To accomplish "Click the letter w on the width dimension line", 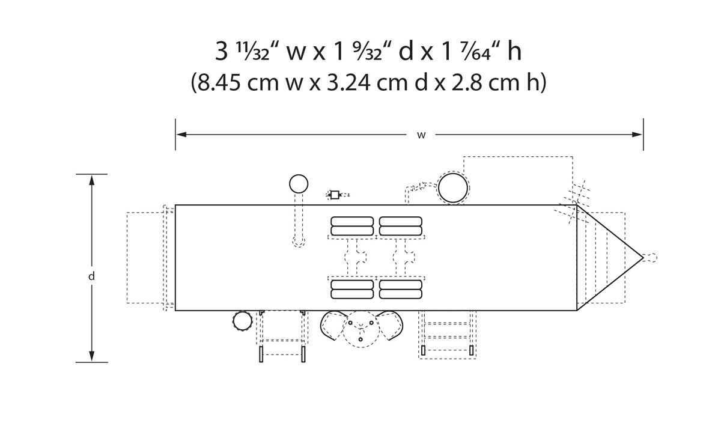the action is coord(421,136).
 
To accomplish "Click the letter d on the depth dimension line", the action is coord(91,276).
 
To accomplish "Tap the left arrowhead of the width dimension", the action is coord(181,135).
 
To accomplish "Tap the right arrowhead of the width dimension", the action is coord(637,135).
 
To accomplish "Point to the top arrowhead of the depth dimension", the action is coord(92,180).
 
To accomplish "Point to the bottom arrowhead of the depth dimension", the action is coord(92,356).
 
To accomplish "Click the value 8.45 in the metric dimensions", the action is coord(219,82).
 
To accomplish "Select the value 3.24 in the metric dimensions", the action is coord(348,82).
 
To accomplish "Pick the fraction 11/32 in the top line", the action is coord(253,52).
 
